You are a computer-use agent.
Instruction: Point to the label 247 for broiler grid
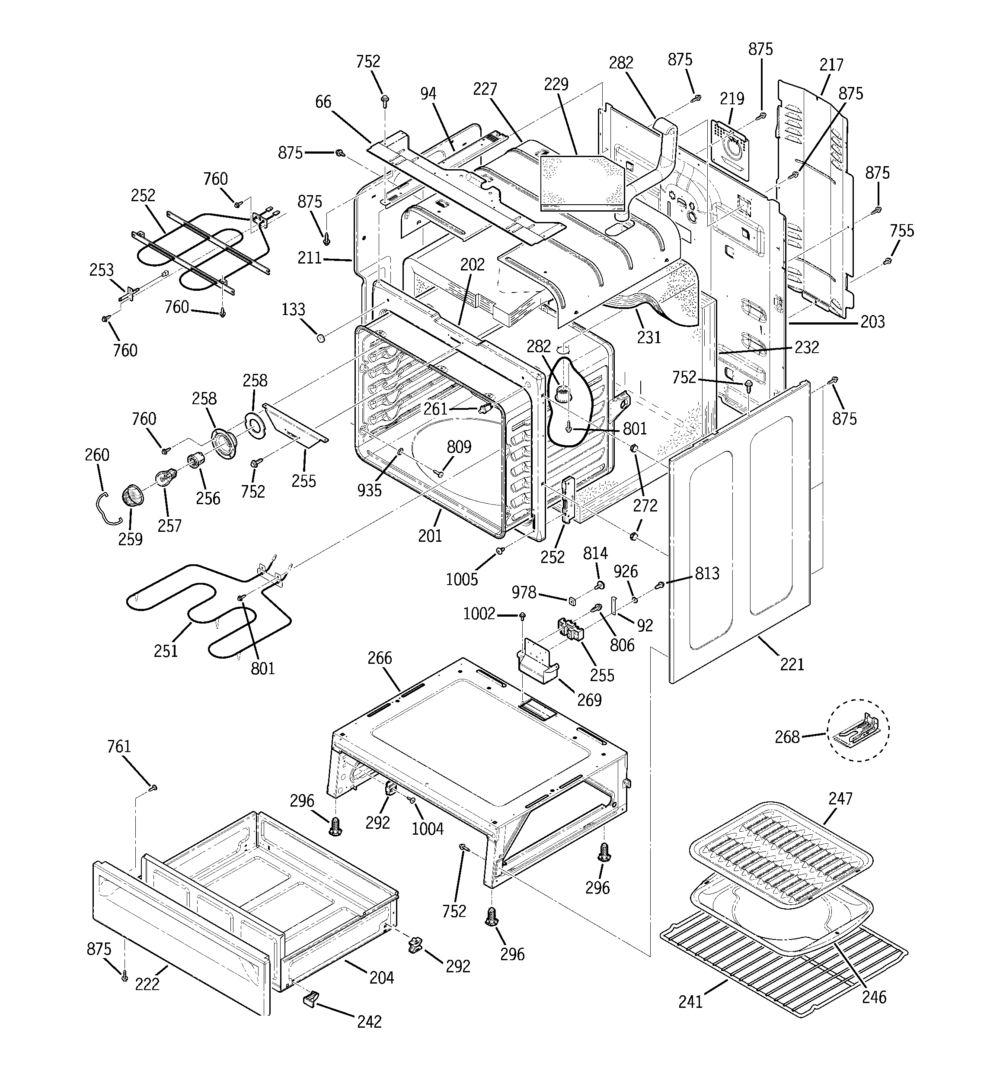point(840,798)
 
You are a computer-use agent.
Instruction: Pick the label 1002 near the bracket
point(479,614)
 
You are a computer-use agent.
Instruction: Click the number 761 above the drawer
point(119,747)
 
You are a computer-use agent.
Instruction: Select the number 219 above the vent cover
point(732,99)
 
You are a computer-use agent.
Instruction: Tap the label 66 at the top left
point(323,102)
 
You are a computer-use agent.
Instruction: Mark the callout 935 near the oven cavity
point(369,490)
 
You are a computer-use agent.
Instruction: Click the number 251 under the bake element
point(166,651)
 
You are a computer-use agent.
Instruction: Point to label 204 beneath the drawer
point(381,977)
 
